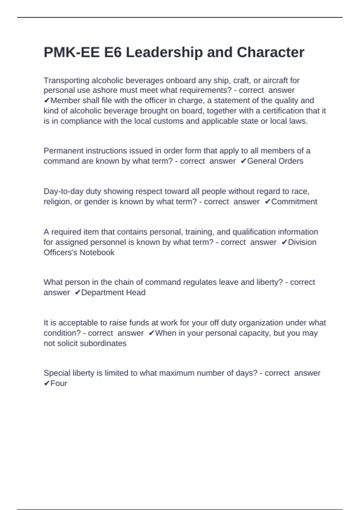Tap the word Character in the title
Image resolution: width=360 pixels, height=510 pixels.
pyautogui.click(x=271, y=52)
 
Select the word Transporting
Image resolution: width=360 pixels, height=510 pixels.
pyautogui.click(x=67, y=80)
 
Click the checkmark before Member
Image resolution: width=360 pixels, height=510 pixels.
pyautogui.click(x=47, y=100)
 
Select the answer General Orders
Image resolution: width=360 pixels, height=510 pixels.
pyautogui.click(x=275, y=161)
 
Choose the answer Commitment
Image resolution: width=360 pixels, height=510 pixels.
pyautogui.click(x=294, y=202)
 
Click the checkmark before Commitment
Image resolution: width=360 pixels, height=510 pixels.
pyautogui.click(x=268, y=202)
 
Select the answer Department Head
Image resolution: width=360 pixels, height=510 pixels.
pyautogui.click(x=113, y=292)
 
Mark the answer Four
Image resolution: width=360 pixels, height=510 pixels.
pyautogui.click(x=58, y=383)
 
